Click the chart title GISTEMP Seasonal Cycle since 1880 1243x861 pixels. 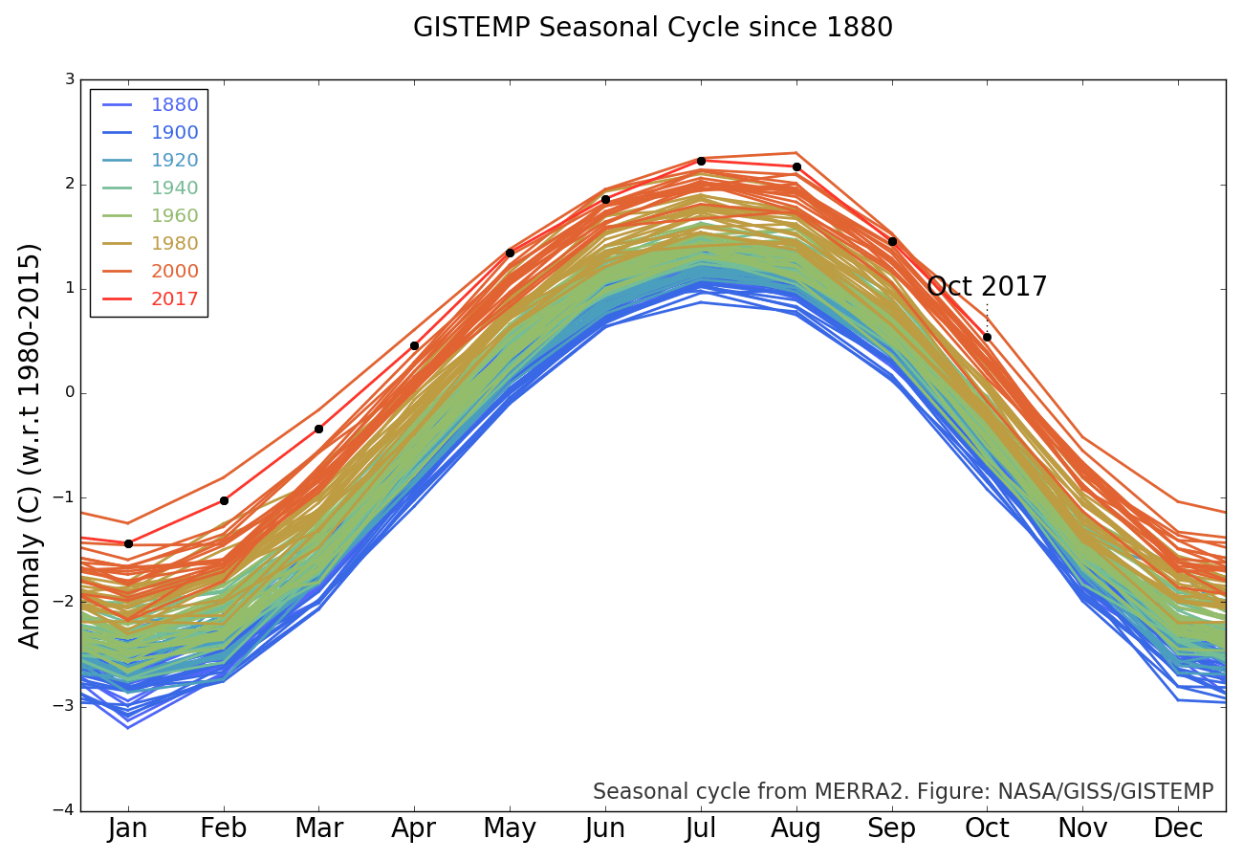pyautogui.click(x=653, y=28)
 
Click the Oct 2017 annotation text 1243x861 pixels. pyautogui.click(x=987, y=287)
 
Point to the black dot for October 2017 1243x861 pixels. pyautogui.click(x=987, y=337)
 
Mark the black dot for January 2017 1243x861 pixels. pyautogui.click(x=128, y=543)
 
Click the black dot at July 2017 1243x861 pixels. pyautogui.click(x=701, y=161)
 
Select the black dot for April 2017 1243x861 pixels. pyautogui.click(x=414, y=345)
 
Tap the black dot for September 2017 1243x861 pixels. pyautogui.click(x=892, y=241)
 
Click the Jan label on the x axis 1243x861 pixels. pyautogui.click(x=128, y=828)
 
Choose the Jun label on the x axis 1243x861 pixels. pyautogui.click(x=605, y=828)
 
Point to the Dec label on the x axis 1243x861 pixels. pyautogui.click(x=1178, y=828)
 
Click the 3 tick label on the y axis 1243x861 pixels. pyautogui.click(x=70, y=79)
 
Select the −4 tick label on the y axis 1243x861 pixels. pyautogui.click(x=65, y=810)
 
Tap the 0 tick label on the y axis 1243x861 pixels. pyautogui.click(x=70, y=393)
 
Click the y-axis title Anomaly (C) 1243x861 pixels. pyautogui.click(x=31, y=445)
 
